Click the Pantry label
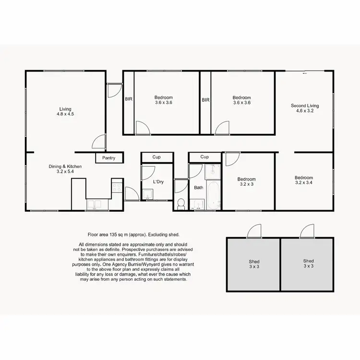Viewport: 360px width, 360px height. (109, 158)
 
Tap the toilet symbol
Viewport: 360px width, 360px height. (181, 204)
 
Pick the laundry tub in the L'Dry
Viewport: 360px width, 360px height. (148, 194)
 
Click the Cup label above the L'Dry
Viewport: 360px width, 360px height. (156, 157)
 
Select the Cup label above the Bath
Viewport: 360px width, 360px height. (204, 157)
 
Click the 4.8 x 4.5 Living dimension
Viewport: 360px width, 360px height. (65, 114)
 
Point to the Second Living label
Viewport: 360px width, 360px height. (305, 106)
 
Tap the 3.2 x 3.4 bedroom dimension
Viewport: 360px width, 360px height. (304, 182)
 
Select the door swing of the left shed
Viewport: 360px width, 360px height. (253, 231)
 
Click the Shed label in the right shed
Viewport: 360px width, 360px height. (308, 261)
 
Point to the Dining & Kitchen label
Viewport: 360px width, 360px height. (65, 167)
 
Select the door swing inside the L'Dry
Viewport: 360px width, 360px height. (148, 173)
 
